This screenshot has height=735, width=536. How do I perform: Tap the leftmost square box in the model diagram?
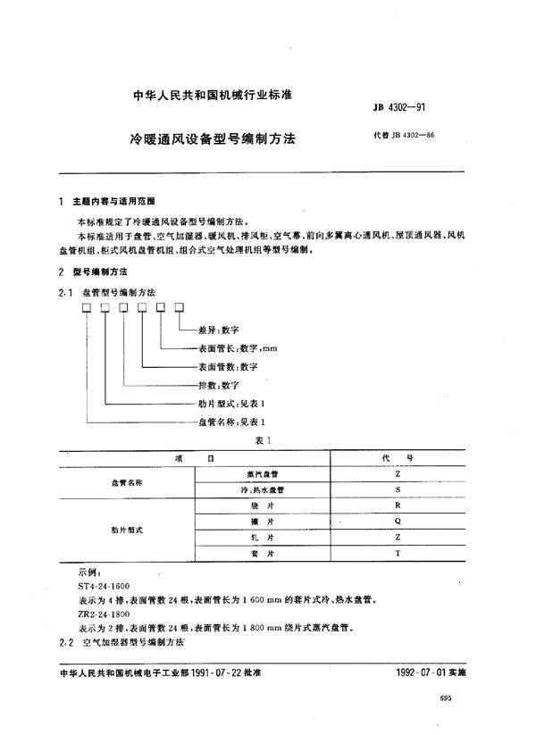[x=87, y=307]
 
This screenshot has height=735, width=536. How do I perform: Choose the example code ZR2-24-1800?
[x=105, y=613]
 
